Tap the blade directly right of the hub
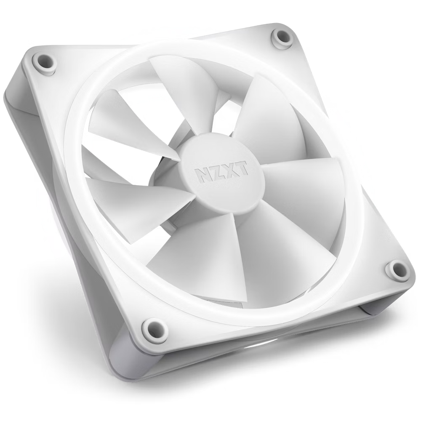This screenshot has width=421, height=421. pos(303,185)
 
